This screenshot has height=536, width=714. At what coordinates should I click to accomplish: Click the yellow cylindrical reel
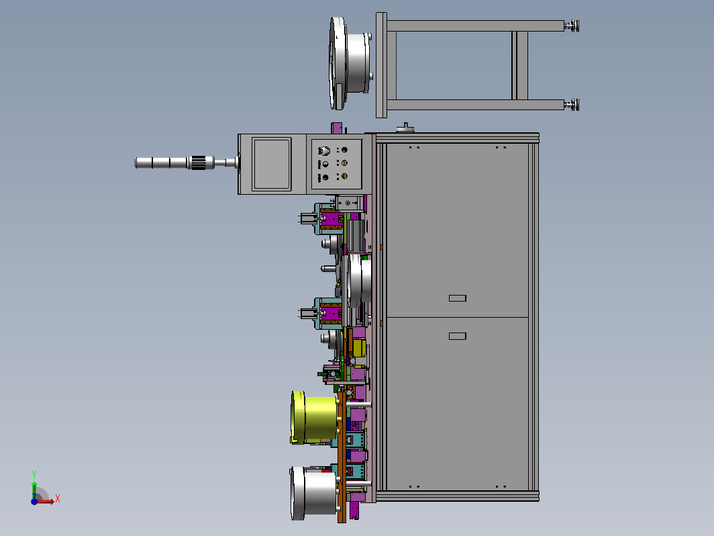pyautogui.click(x=314, y=418)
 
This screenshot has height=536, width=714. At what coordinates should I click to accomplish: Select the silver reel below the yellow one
pyautogui.click(x=314, y=493)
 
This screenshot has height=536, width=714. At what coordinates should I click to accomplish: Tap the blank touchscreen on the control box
pyautogui.click(x=272, y=164)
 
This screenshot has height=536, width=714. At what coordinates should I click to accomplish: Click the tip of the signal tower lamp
pyautogui.click(x=136, y=163)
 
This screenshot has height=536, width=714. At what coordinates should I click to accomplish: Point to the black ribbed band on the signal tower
pyautogui.click(x=200, y=163)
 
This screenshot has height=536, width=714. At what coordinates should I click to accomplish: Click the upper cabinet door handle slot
pyautogui.click(x=457, y=298)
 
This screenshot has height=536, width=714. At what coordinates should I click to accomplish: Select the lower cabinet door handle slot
pyautogui.click(x=457, y=336)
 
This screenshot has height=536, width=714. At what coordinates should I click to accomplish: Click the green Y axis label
pyautogui.click(x=34, y=475)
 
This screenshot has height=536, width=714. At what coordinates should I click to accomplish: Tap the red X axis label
pyautogui.click(x=58, y=498)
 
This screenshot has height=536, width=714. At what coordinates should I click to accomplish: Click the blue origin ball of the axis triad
pyautogui.click(x=34, y=501)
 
